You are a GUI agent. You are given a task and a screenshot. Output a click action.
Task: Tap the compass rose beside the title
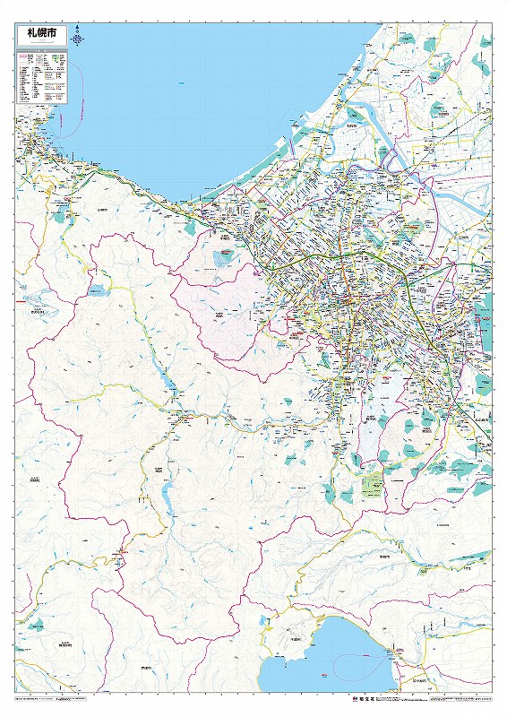point(79,39)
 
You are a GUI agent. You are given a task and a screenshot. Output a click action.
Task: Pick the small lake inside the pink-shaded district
point(222,260)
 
